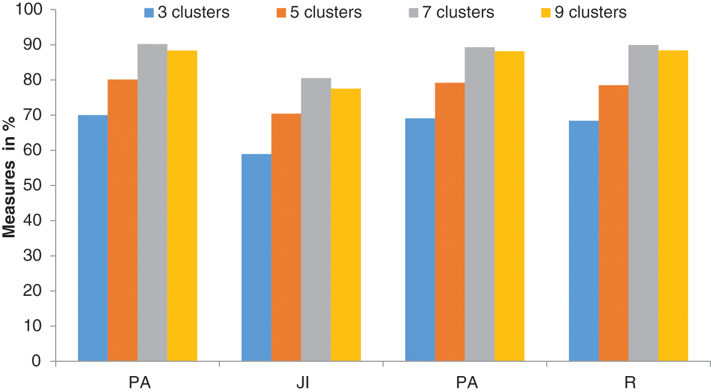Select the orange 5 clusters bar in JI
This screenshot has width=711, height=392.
[286, 237]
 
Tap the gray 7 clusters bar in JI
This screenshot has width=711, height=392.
[316, 220]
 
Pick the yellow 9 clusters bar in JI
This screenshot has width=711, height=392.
[346, 225]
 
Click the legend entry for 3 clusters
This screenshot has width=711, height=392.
[187, 12]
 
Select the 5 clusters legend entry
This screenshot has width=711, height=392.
[319, 12]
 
